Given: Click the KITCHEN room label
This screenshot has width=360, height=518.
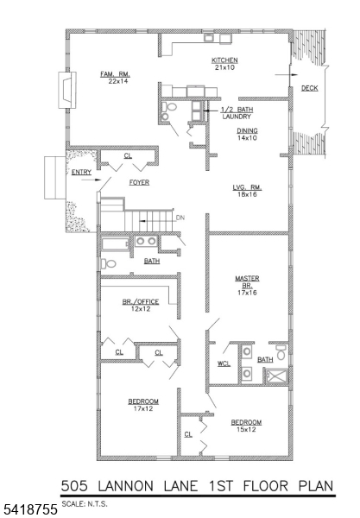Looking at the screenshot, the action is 224,60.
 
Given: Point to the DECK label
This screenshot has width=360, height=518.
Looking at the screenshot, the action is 309,88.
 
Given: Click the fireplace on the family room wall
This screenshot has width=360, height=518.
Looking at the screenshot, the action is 67,90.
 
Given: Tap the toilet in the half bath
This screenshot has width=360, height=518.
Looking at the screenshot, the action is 169,107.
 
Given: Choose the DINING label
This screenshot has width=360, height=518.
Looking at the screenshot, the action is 247,131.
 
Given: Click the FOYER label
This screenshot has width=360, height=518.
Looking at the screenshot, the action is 139,182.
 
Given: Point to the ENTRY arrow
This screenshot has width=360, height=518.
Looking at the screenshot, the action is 91,180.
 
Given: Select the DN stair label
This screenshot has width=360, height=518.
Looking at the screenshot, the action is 180,218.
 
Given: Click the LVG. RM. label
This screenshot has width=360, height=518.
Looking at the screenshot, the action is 247,187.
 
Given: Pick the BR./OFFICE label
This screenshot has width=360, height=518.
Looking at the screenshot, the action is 141,301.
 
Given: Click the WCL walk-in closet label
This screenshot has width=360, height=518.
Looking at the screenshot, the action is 224,363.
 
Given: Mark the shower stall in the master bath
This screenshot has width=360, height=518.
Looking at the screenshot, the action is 277,376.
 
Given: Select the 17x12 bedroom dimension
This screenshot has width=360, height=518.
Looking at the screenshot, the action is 143,408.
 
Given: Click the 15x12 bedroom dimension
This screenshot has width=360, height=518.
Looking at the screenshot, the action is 246,429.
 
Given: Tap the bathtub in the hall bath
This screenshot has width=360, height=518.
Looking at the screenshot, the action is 116,244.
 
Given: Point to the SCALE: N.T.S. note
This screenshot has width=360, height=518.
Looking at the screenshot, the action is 85,504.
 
